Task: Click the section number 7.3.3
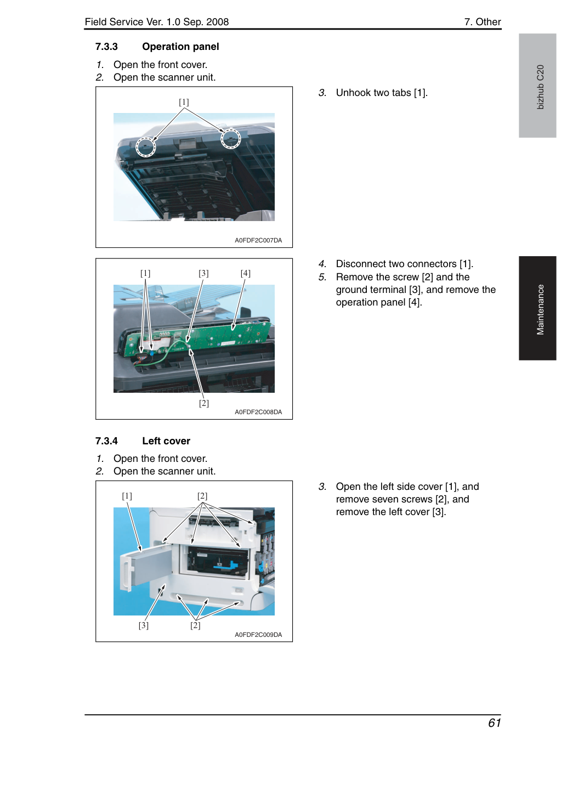[x=106, y=47]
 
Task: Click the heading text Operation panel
[x=180, y=47]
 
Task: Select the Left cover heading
[x=166, y=440]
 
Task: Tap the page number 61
[x=494, y=723]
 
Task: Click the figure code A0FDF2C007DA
[x=258, y=240]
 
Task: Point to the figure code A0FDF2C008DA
[x=258, y=412]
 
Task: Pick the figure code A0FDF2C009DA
[x=258, y=635]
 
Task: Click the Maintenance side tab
[x=537, y=308]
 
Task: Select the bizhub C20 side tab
[x=537, y=86]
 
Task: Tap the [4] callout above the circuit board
[x=246, y=273]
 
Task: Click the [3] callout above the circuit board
[x=203, y=273]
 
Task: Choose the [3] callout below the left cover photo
[x=144, y=625]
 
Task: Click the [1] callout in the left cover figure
[x=127, y=496]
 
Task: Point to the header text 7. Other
[x=483, y=22]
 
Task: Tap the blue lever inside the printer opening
[x=226, y=566]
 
